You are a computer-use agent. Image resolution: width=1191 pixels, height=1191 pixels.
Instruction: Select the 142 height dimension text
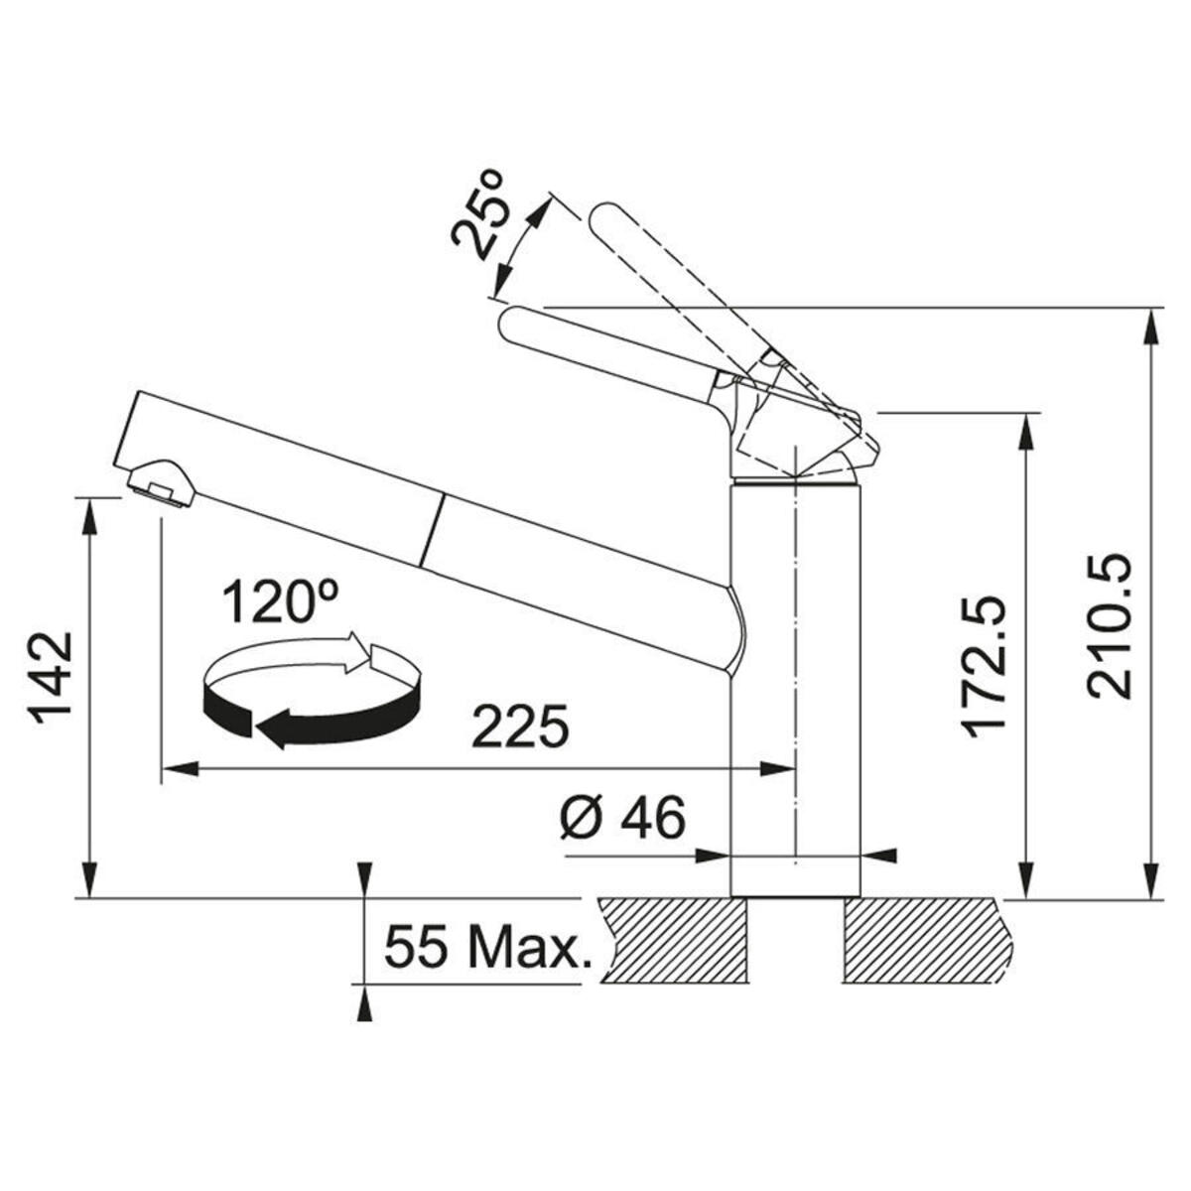51,678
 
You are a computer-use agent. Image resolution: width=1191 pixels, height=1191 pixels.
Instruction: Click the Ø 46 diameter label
623,817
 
